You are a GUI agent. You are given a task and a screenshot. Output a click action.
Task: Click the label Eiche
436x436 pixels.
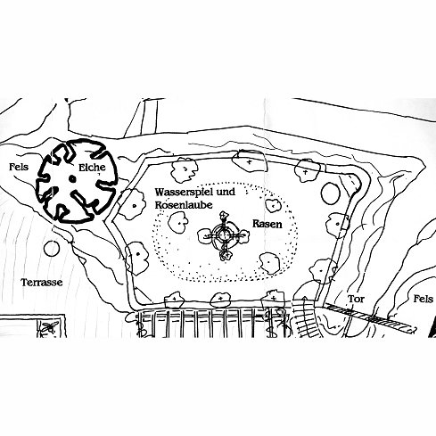tap(92, 168)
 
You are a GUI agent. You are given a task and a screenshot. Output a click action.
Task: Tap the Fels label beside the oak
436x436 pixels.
tap(19, 167)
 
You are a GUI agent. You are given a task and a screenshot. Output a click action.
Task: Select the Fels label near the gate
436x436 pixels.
tap(423, 299)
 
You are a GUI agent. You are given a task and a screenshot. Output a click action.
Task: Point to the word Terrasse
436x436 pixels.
tap(42, 282)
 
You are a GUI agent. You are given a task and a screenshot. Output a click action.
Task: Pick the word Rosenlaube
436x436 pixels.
tap(184, 205)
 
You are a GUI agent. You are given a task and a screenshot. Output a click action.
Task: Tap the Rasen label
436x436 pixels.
tap(267, 224)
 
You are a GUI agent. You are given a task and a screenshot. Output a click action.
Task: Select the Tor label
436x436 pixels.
tap(356, 299)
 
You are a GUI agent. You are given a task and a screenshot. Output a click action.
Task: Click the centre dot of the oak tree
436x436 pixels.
tap(72, 178)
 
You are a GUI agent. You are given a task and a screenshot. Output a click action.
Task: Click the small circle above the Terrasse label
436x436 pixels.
tap(52, 249)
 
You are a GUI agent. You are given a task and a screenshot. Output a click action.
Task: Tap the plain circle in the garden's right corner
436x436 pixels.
tap(331, 193)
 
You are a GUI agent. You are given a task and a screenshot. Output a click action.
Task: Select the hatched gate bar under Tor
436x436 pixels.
tap(370, 317)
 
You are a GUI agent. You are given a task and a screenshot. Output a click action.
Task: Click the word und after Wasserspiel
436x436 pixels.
tap(226, 192)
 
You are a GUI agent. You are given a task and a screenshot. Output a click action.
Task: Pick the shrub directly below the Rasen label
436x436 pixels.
tap(270, 263)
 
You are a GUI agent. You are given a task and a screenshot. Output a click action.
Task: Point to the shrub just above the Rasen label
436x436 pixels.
tap(273, 206)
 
